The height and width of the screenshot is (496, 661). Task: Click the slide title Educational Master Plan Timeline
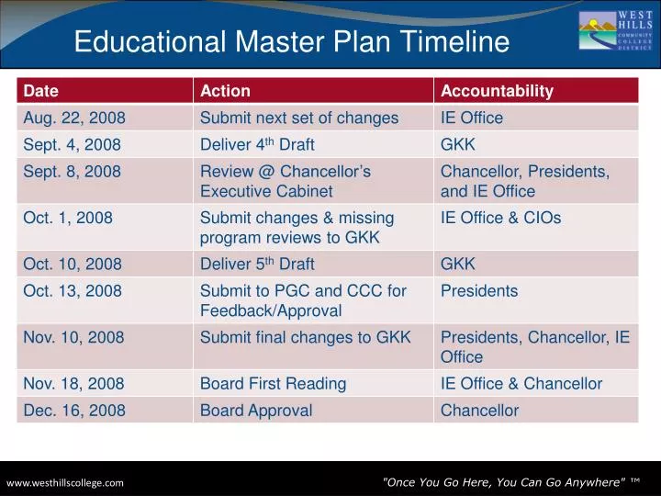click(x=291, y=41)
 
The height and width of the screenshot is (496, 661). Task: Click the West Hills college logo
click(x=615, y=31)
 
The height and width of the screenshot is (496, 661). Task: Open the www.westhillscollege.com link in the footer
click(x=65, y=482)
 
